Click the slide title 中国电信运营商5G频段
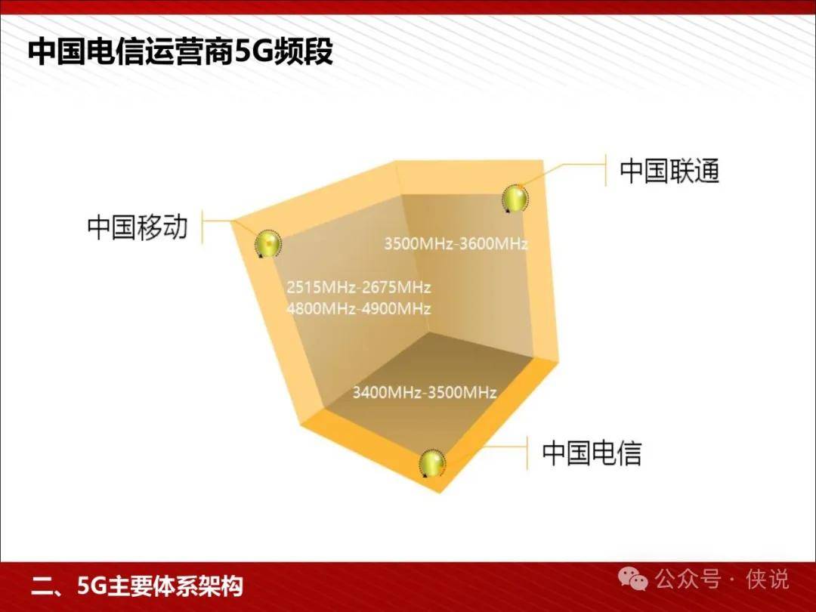point(180,51)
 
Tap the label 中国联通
point(669,171)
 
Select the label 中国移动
point(137,227)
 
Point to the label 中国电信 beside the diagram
point(592,453)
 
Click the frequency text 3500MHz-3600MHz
point(456,243)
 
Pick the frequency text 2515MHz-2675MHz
point(359,287)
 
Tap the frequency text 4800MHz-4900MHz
point(359,308)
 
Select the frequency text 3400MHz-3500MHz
point(424,392)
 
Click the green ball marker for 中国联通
point(515,198)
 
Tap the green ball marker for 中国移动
point(268,243)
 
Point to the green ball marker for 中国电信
point(432,462)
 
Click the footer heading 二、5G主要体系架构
point(137,586)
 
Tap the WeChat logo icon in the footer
point(632,579)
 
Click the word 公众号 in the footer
point(688,580)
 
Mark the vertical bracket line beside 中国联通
point(606,170)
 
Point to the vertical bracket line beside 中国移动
point(202,227)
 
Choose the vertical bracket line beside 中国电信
point(527,453)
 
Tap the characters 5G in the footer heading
point(91,586)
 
